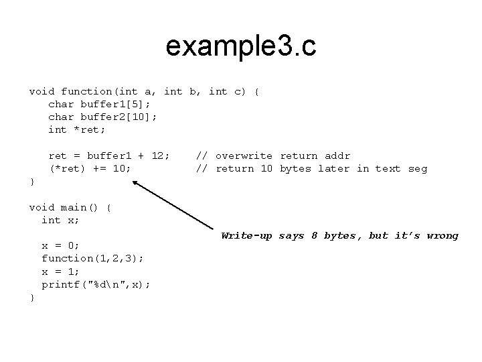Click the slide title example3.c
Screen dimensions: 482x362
pos(241,47)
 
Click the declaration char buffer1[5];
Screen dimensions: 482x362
pos(99,104)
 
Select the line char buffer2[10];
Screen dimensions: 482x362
pos(102,117)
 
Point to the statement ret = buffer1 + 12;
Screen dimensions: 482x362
pos(108,156)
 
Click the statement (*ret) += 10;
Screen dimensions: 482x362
pos(90,168)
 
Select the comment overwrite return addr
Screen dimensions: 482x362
pos(283,156)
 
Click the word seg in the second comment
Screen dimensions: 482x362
pos(417,168)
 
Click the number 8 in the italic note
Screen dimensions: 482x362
pos(314,235)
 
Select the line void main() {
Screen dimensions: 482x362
pos(70,207)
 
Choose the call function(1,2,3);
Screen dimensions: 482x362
pos(92,258)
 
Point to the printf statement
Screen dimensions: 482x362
pos(96,284)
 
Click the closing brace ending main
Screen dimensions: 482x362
pos(31,297)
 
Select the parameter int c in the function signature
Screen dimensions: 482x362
pos(227,91)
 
